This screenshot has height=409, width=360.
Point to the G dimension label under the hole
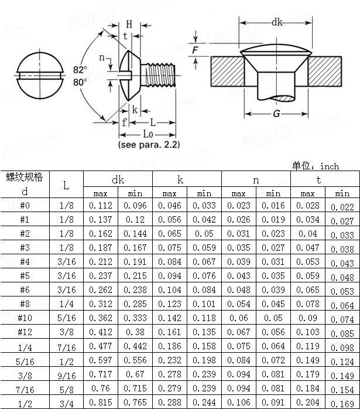pos(276,113)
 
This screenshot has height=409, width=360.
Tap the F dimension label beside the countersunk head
pos(194,50)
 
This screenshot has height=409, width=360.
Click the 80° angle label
pos(80,82)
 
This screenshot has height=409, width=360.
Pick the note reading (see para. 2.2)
pos(149,144)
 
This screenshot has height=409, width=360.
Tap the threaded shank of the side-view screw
pos(161,76)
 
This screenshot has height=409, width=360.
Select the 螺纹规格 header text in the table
pos(24,178)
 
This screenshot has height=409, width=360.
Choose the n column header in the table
pos(256,180)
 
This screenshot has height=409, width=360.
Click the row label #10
pos(24,318)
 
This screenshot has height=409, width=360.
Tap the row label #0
pos(24,206)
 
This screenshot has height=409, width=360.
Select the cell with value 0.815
pos(101,403)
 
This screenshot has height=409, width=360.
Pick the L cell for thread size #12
pos(66,332)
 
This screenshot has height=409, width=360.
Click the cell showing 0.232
pos(170,360)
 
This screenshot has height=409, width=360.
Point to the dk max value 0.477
pos(101,346)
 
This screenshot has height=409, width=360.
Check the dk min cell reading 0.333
pos(135,318)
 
